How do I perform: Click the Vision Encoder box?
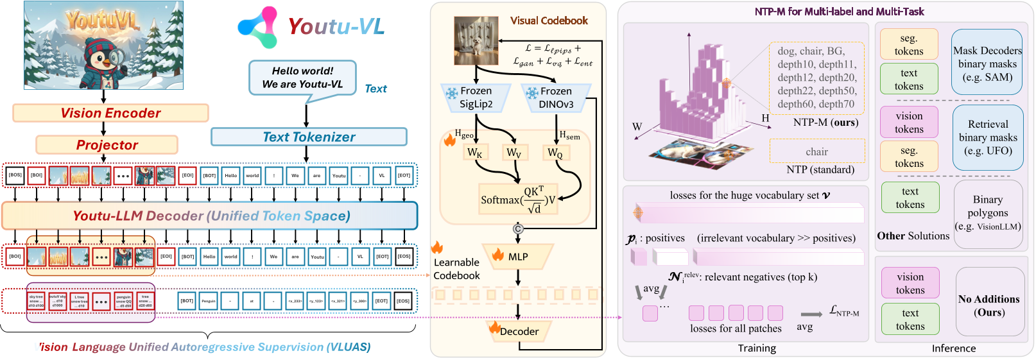point(110,113)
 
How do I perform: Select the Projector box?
point(107,145)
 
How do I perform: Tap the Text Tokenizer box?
point(309,137)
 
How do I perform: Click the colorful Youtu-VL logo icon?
point(258,28)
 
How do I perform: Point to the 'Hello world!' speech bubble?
point(302,78)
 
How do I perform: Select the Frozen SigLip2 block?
point(475,98)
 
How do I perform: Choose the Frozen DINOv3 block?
point(556,98)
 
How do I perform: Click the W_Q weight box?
point(555,153)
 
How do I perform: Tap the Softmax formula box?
point(519,200)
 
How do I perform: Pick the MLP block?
point(517,257)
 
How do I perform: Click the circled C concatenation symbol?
point(518,229)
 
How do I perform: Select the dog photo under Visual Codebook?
point(476,40)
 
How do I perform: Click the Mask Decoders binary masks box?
point(987,64)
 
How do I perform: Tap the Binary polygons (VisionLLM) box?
point(988,214)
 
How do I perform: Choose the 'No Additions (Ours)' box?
point(989,305)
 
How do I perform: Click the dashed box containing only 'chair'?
point(816,152)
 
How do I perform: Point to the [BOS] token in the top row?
point(15,175)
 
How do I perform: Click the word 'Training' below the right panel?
point(757,348)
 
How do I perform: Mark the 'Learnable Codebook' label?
point(456,269)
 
